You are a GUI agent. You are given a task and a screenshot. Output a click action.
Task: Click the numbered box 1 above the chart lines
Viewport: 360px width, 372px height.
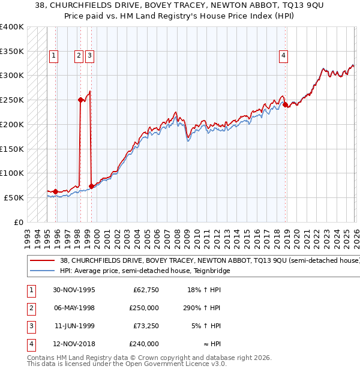coord(53,56)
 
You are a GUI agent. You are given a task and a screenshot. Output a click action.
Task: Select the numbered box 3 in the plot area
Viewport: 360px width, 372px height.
coord(89,56)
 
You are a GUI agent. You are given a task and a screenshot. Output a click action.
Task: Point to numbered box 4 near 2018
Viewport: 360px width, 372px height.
coord(283,56)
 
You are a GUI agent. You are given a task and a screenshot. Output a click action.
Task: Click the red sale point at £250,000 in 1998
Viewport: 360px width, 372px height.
coord(80,100)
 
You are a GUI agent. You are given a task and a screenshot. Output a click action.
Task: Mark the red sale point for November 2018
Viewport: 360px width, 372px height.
coord(286,105)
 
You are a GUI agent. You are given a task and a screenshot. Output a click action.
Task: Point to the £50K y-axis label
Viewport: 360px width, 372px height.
coord(14,197)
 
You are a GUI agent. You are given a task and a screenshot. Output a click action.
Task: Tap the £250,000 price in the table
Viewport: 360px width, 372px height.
coord(145,308)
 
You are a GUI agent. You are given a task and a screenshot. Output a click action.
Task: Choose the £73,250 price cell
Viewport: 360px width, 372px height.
coord(146,326)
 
